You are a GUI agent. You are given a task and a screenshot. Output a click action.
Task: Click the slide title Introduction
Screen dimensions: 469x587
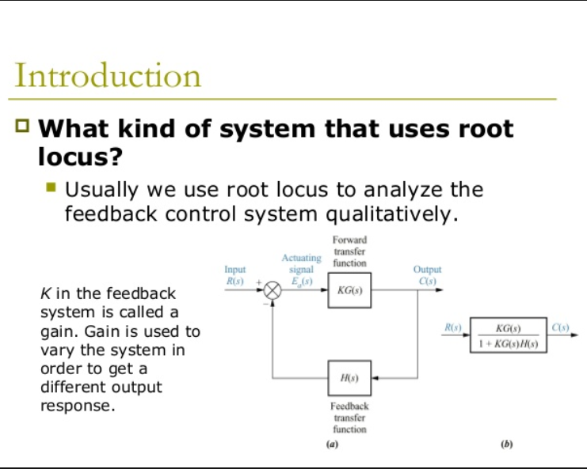click(x=108, y=77)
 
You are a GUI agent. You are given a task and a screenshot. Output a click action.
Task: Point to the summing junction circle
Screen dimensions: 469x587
click(x=272, y=290)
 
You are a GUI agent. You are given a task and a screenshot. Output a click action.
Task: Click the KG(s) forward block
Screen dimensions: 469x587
click(x=349, y=290)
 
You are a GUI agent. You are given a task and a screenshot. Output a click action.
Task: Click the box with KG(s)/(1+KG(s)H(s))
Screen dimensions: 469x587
click(x=508, y=335)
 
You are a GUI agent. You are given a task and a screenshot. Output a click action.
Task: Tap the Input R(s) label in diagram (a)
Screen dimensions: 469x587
click(x=236, y=275)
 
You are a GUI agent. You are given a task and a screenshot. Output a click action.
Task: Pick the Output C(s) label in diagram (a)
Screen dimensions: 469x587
click(x=427, y=275)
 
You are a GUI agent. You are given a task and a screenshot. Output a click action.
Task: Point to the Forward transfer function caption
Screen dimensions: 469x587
click(x=349, y=251)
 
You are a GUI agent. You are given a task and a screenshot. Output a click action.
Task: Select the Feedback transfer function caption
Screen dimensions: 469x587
click(x=349, y=418)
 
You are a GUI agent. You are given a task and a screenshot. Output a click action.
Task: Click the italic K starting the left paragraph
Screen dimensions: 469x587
click(x=44, y=294)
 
